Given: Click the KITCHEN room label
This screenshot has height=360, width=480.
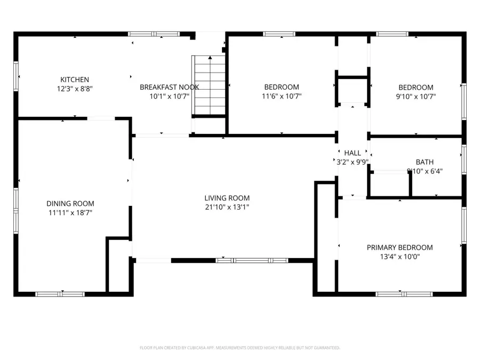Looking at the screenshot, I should pyautogui.click(x=75, y=79).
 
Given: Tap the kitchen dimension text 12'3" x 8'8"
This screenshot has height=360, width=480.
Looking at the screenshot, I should pyautogui.click(x=75, y=89).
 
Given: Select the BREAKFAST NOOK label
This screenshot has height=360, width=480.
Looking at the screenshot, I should pyautogui.click(x=169, y=87).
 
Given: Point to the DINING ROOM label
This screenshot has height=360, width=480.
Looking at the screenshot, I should pyautogui.click(x=70, y=203).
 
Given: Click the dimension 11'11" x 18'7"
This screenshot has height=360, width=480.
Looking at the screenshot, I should pyautogui.click(x=70, y=213).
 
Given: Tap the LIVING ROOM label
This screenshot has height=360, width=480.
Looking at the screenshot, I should pyautogui.click(x=227, y=198).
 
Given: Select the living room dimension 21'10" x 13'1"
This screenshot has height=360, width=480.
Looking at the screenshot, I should pyautogui.click(x=227, y=207).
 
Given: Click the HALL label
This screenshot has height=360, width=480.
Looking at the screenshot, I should pyautogui.click(x=353, y=153).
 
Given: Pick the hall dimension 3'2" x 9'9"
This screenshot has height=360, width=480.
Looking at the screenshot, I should pyautogui.click(x=353, y=162).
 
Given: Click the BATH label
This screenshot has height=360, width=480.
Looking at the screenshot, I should pyautogui.click(x=425, y=162).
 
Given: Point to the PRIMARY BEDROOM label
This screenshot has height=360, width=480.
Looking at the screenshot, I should pyautogui.click(x=399, y=247).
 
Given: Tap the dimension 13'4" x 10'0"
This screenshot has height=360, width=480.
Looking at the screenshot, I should pyautogui.click(x=399, y=257).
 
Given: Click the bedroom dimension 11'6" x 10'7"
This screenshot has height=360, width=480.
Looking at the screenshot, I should pyautogui.click(x=282, y=97).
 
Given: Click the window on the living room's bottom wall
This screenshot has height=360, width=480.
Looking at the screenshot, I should pyautogui.click(x=252, y=261).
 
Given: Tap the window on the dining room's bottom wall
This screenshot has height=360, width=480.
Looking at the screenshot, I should pyautogui.click(x=60, y=293).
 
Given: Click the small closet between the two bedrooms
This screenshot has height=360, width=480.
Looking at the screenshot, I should pyautogui.click(x=352, y=91).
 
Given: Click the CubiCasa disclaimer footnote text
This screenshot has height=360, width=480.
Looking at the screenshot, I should pyautogui.click(x=239, y=348).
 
